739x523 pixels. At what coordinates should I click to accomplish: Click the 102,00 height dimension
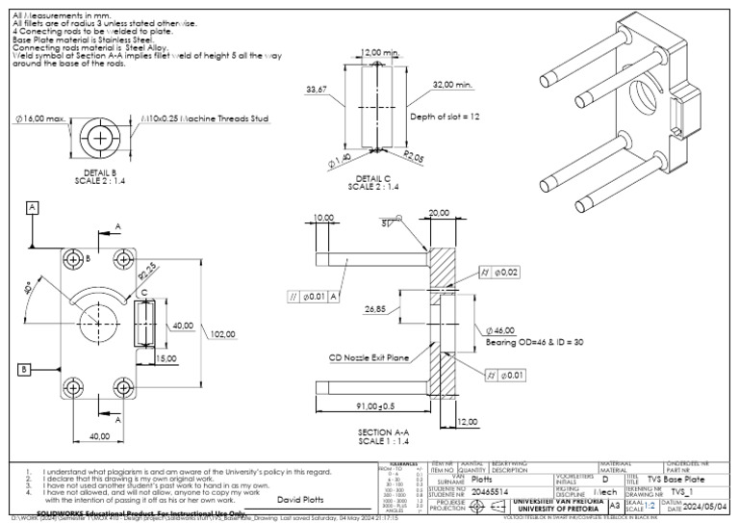(x=223, y=335)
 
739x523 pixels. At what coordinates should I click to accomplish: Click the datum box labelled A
(x=33, y=207)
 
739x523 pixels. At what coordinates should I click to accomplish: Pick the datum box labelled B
(x=20, y=369)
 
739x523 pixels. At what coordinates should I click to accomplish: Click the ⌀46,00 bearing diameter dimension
(x=505, y=329)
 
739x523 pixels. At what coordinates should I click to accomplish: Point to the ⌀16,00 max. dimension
(x=40, y=118)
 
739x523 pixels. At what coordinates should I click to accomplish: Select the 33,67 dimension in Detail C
(x=317, y=90)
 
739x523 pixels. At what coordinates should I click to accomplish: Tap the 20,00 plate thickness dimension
(x=440, y=212)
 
